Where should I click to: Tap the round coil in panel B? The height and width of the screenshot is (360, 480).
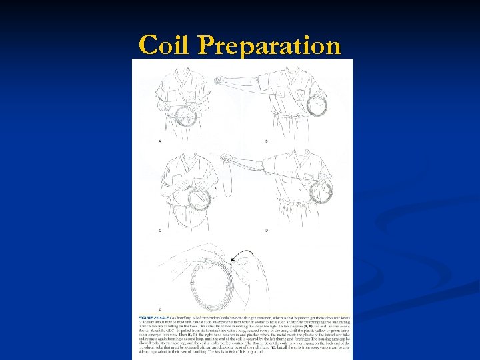[x=317, y=105]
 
